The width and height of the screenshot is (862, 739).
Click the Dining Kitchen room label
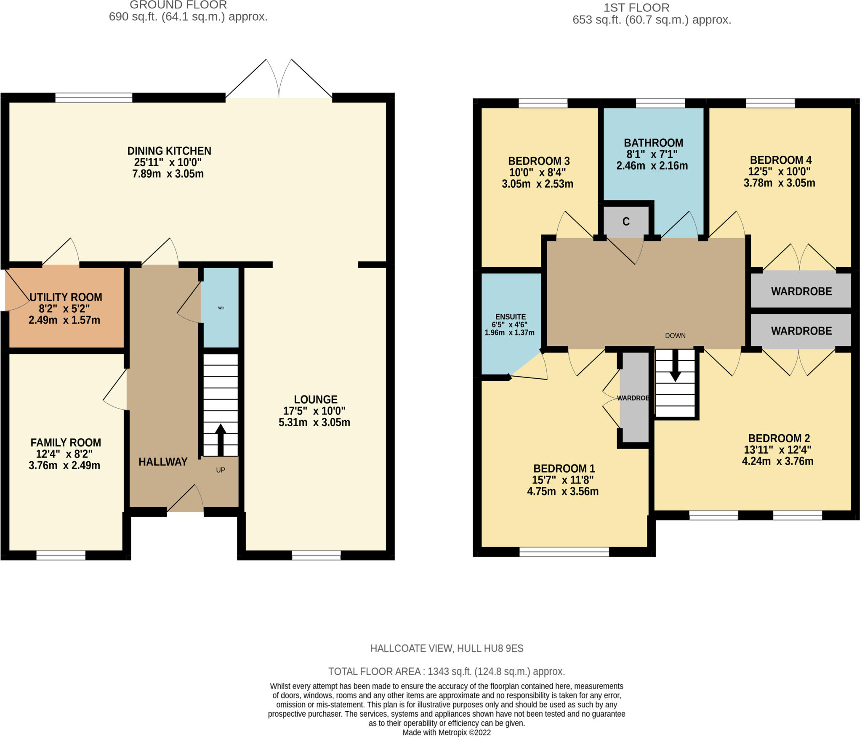pyautogui.click(x=169, y=151)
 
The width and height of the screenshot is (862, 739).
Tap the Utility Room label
pyautogui.click(x=66, y=297)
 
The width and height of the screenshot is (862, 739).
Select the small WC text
pyautogui.click(x=221, y=308)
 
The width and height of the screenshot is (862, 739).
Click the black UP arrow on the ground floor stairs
pyautogui.click(x=220, y=440)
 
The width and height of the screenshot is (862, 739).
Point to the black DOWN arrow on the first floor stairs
pyautogui.click(x=675, y=366)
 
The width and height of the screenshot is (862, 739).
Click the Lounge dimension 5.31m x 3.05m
pyautogui.click(x=314, y=422)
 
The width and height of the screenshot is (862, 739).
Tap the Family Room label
pyautogui.click(x=66, y=442)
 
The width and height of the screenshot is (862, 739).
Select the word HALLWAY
pyautogui.click(x=163, y=462)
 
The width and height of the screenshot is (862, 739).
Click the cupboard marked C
pyautogui.click(x=626, y=222)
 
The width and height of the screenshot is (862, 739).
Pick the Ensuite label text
pyautogui.click(x=511, y=317)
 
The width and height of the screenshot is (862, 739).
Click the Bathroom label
pyautogui.click(x=653, y=143)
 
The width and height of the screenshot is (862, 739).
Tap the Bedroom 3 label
pyautogui.click(x=539, y=161)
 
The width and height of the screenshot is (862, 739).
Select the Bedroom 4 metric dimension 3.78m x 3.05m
pyautogui.click(x=780, y=183)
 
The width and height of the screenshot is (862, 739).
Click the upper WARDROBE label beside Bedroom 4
pyautogui.click(x=801, y=291)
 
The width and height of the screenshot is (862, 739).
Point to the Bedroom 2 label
pyautogui.click(x=779, y=438)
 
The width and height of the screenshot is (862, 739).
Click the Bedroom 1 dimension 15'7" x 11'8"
pyautogui.click(x=563, y=480)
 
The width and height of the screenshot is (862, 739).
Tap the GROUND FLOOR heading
pyautogui.click(x=178, y=5)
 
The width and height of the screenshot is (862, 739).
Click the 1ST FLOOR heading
pyautogui.click(x=636, y=8)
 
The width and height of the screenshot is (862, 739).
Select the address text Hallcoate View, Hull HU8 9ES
pyautogui.click(x=447, y=649)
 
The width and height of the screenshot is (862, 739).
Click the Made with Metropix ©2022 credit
pyautogui.click(x=447, y=733)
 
